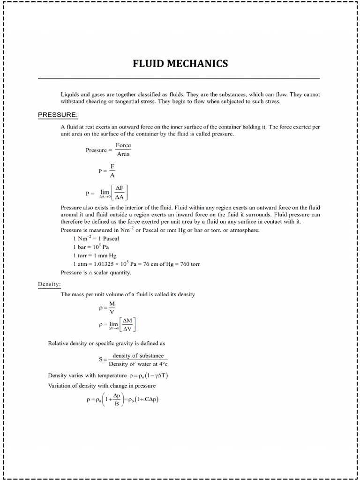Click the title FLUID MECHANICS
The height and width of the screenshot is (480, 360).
coord(180,63)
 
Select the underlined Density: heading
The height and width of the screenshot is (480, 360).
coord(49,284)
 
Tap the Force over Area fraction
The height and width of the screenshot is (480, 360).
coord(123,150)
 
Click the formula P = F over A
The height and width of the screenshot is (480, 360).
coord(107,171)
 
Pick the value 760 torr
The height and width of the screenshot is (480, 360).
coord(190,264)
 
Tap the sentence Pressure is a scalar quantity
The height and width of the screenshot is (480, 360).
coord(96,272)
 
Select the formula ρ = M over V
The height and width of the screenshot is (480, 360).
coord(107,307)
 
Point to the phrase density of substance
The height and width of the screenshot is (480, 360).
coord(138,356)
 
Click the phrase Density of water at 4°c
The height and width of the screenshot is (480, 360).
coord(138,364)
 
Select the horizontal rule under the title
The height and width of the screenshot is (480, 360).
coord(179,78)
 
